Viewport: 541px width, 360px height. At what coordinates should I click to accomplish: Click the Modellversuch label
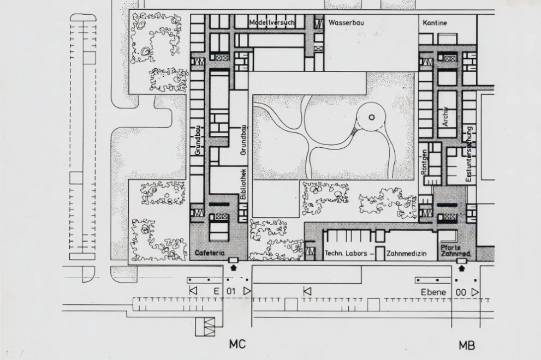tap(271, 23)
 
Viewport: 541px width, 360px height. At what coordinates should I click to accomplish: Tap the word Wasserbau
tap(346, 23)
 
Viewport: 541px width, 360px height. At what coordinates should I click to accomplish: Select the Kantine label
tap(435, 23)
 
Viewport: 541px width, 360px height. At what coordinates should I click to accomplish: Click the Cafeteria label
tap(210, 253)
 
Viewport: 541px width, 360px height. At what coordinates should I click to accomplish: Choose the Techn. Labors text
tap(346, 254)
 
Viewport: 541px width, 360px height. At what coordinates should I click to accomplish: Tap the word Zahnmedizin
tap(407, 254)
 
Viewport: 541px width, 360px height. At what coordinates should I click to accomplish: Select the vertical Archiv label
tap(445, 116)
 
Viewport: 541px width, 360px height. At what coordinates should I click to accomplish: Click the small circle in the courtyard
tap(371, 117)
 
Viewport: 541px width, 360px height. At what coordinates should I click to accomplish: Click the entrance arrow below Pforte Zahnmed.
tap(462, 268)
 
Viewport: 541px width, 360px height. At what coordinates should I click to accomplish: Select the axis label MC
tap(237, 344)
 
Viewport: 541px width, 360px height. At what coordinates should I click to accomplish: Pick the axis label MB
tap(467, 345)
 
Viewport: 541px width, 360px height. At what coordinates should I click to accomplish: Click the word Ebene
tap(433, 292)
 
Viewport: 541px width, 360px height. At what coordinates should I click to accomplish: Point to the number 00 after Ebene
tap(461, 292)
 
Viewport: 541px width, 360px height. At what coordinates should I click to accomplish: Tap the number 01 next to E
tap(231, 291)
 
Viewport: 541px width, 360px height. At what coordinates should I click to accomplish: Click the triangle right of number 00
tap(474, 292)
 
